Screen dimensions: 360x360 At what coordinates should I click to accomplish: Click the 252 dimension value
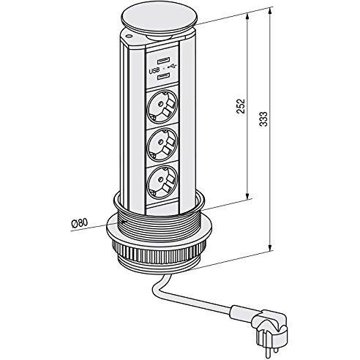click(x=241, y=106)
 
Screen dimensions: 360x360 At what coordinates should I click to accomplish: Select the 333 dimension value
click(x=263, y=119)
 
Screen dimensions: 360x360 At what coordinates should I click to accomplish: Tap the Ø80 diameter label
click(x=80, y=223)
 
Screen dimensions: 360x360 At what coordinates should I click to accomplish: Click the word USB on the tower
click(x=154, y=71)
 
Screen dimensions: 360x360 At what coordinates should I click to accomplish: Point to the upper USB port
click(x=163, y=60)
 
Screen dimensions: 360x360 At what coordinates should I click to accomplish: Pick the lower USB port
click(x=163, y=78)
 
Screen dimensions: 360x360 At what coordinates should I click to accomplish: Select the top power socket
click(x=162, y=106)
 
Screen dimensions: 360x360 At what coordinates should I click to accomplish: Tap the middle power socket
click(x=162, y=143)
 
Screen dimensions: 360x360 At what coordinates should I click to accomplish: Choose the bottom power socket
click(x=162, y=181)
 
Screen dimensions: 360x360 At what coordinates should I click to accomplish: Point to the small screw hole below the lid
click(x=129, y=37)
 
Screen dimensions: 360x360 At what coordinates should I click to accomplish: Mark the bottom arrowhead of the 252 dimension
click(x=248, y=195)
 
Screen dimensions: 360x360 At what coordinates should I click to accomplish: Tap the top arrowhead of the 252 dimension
click(x=248, y=17)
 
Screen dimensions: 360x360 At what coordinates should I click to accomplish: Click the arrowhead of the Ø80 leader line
click(x=124, y=222)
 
